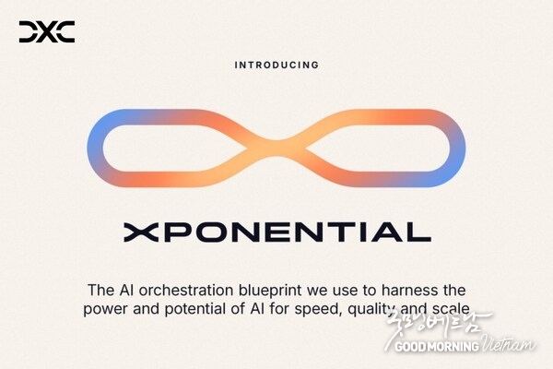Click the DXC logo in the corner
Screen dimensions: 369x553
tap(47, 33)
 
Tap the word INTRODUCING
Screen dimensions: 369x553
tap(276, 65)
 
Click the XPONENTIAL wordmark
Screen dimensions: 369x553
tap(276, 232)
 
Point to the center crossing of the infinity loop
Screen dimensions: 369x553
tap(276, 147)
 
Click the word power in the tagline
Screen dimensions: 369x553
tap(104, 309)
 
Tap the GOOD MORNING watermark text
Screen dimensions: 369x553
tap(437, 346)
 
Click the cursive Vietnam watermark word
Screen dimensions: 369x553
tap(510, 343)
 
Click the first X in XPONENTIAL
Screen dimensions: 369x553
tap(135, 232)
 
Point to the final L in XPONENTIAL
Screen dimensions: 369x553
tap(421, 232)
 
